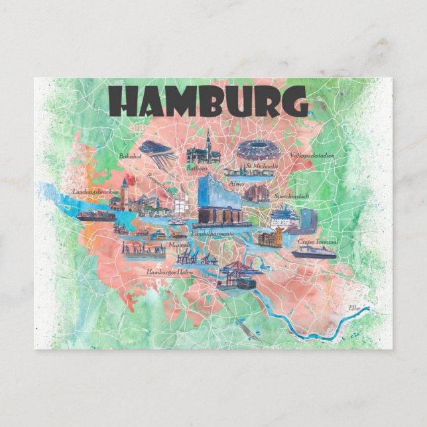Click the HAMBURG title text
(x=208, y=101)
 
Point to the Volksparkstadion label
(x=312, y=156)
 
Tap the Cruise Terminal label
(x=318, y=242)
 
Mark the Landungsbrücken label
(x=96, y=192)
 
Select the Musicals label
(x=178, y=245)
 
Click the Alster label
(x=237, y=183)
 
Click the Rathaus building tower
(x=208, y=141)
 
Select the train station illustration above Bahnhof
(x=156, y=150)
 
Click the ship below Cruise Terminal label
(x=313, y=252)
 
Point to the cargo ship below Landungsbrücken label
(x=96, y=215)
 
